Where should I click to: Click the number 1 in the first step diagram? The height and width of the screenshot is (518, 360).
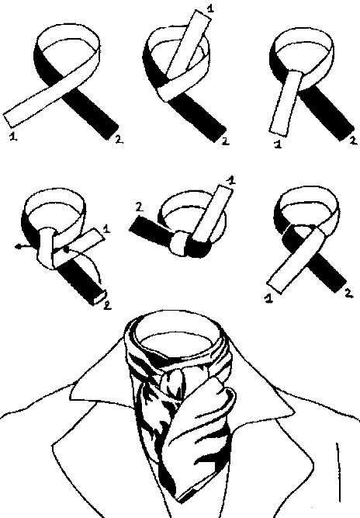13,136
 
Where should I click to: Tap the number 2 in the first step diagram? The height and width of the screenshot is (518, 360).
119,140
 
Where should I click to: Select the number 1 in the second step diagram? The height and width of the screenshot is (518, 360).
209,8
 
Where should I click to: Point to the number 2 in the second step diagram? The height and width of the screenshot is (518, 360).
225,141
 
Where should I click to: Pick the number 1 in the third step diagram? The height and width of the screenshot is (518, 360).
278,144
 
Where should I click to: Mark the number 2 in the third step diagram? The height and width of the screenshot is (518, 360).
353,141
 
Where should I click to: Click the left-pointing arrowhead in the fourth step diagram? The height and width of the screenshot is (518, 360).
18,246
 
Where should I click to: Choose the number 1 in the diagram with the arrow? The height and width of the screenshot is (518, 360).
106,228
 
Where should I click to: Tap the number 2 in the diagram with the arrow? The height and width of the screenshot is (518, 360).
107,305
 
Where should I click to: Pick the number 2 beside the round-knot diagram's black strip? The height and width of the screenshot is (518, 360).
139,207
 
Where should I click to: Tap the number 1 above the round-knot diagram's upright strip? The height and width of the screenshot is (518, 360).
231,180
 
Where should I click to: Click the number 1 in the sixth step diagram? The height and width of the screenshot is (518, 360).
268,299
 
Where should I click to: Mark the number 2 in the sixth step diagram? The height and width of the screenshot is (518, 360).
348,293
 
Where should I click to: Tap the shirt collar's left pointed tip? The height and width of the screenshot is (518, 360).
71,396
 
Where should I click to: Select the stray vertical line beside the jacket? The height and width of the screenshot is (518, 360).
338,473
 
